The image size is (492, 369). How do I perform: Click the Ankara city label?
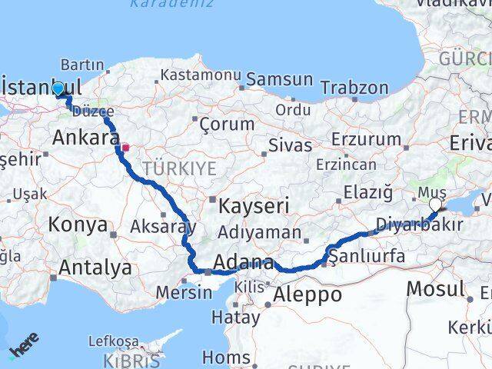tap(85, 138)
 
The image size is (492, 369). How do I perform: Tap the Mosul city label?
tap(435, 289)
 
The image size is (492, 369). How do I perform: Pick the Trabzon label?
tap(354, 88)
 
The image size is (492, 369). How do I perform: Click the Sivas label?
tap(291, 145)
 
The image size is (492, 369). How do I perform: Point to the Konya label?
tap(77, 225)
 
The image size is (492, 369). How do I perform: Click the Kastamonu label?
tap(196, 75)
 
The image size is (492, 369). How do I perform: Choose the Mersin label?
tap(184, 292)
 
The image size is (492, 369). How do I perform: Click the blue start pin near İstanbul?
tap(58, 88)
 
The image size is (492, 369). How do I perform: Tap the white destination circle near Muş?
tap(436, 204)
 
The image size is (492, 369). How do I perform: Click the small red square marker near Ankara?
tap(125, 145)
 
